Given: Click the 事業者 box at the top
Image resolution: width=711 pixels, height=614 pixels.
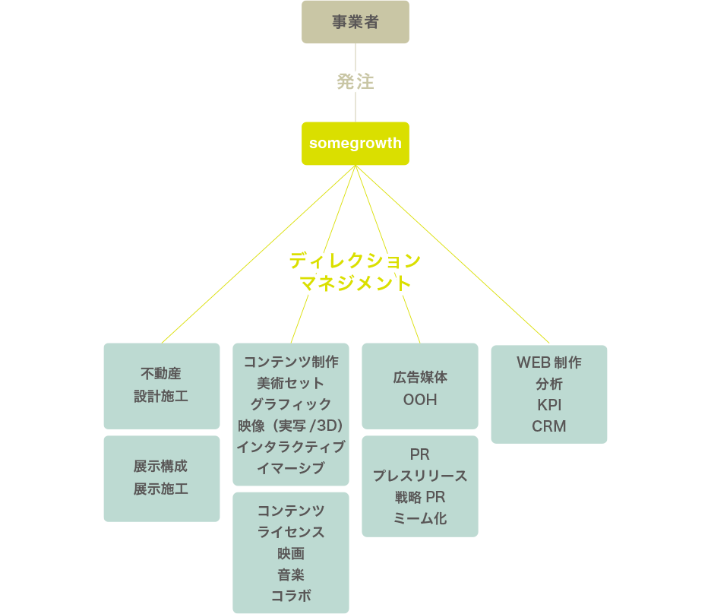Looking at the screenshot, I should pos(355,22).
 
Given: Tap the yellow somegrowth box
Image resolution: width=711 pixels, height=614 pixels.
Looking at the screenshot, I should pos(355,144).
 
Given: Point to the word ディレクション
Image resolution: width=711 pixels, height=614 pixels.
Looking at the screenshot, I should pos(354,261).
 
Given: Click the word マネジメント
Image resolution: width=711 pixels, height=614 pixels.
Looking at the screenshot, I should pos(355,284).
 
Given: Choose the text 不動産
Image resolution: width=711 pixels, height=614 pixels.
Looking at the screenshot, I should pos(161,374).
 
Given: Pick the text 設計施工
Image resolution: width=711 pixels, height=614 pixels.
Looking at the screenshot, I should pos(161,396).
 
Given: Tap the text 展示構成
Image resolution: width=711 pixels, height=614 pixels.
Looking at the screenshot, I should pos(161,467).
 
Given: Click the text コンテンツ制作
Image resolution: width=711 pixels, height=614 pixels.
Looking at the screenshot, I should pos(291,362).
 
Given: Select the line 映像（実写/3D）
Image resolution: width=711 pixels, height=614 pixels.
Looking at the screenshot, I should pos(291,425).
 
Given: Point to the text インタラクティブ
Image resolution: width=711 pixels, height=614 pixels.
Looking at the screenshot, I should pos(291,447).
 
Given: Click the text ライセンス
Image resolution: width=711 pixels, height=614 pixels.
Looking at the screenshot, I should pos(291,532).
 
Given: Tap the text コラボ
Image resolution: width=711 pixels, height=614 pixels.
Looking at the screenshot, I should pos(291,596).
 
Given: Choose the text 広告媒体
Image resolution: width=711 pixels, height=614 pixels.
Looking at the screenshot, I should pos(420,377).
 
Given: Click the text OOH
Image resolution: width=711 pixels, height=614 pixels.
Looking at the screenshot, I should pos(420,400).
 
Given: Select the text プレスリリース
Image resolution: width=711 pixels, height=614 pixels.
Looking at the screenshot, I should pos(420,476).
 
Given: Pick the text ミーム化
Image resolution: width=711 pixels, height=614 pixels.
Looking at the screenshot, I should pos(420,519).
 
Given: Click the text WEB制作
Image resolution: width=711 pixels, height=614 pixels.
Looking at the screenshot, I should pos(549,362).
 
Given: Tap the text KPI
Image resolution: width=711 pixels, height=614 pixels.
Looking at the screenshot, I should pos(549,405).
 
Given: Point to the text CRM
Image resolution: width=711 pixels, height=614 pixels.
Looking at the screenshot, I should pos(549,426).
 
